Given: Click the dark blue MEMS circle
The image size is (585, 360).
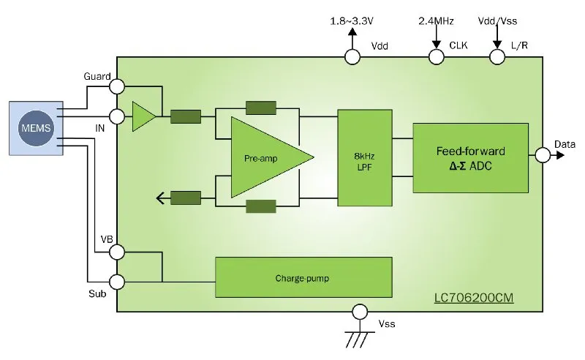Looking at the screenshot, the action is click(36, 128).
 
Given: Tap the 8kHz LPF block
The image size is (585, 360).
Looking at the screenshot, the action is click(364, 157).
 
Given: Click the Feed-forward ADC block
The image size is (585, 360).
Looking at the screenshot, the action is click(470, 158).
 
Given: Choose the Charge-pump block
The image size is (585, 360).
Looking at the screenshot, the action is click(303, 277).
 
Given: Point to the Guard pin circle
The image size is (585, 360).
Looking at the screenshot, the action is click(117, 86).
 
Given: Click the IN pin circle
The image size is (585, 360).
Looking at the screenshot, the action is click(117, 116).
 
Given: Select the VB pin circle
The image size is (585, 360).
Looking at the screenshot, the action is click(117, 252).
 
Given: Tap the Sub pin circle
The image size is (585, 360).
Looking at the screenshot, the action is click(117, 282).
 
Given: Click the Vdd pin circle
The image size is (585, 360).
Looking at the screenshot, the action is click(352, 57).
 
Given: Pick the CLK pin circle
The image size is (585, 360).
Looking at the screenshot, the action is click(436, 57).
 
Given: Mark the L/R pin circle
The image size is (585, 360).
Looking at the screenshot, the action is click(497, 57).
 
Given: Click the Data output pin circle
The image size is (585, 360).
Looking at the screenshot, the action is click(543, 154).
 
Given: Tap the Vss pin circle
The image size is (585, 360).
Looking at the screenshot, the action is click(360, 312).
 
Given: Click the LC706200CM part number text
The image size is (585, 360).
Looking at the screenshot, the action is click(474, 298).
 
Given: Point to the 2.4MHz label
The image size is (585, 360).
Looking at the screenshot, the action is click(436, 21).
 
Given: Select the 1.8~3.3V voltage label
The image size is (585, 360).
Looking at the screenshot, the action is click(352, 21).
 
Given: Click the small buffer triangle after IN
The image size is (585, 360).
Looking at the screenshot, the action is click(144, 116).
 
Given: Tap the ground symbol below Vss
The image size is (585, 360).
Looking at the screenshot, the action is click(360, 339).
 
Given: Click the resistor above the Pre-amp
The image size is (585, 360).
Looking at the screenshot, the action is click(261, 108).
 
